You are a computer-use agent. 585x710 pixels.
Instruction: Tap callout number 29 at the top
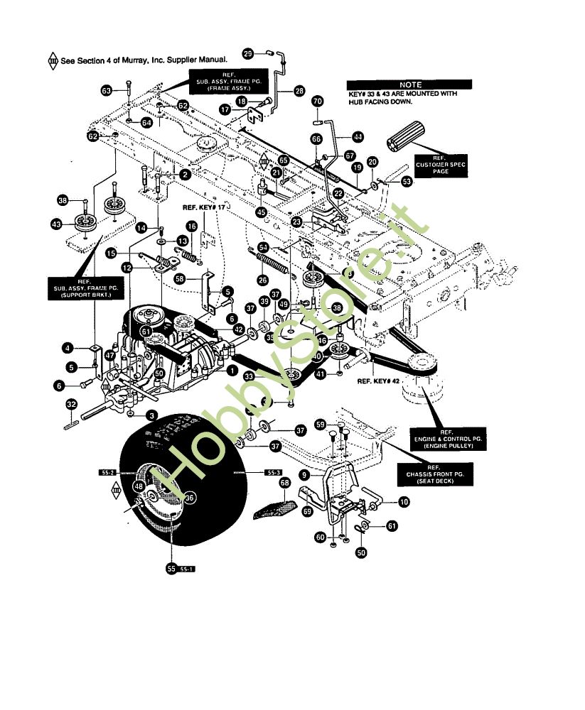tap(248, 54)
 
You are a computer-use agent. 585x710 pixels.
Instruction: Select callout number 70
tap(317, 101)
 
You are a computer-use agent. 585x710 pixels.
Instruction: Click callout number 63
tap(106, 91)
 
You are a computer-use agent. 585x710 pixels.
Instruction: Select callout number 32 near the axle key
tap(71, 405)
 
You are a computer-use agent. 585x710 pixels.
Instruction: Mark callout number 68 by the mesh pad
tap(284, 484)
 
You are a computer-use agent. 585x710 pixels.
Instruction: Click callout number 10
tap(404, 502)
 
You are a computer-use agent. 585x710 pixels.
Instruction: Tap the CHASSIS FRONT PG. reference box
tap(441, 476)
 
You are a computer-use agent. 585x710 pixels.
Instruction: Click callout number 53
tap(407, 182)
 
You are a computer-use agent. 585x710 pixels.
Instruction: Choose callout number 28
tap(298, 91)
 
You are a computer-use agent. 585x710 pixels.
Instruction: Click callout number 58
tap(181, 280)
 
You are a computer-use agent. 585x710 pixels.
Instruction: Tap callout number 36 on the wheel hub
tap(189, 498)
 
